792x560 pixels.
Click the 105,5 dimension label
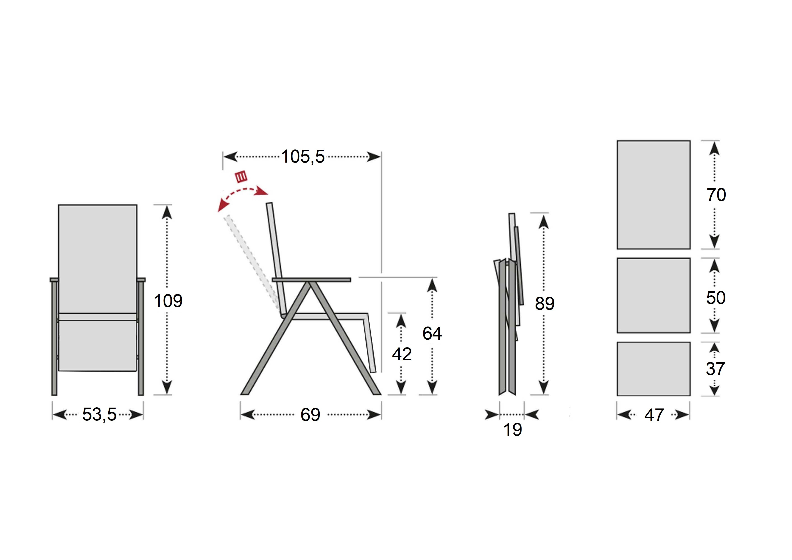point(303,157)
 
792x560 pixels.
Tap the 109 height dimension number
point(168,301)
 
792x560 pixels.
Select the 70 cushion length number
point(716,195)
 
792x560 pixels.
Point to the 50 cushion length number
point(716,298)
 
